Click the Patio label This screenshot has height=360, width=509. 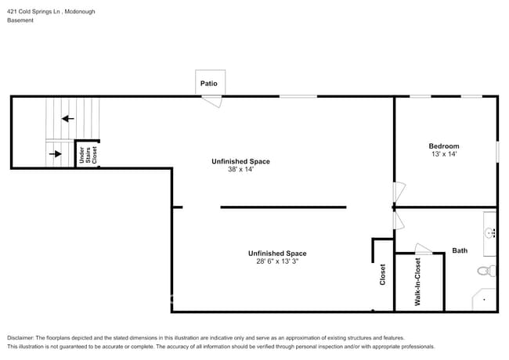coord(210,83)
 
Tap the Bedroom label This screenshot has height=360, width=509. coord(443,146)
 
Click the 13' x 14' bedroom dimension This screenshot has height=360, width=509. coord(443,155)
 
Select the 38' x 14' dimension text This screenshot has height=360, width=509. coord(240,170)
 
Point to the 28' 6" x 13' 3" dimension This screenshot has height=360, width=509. coord(277,261)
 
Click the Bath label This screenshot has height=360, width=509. coord(460,250)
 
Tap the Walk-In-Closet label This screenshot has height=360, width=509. coord(418,282)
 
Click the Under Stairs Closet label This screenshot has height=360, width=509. coord(87,155)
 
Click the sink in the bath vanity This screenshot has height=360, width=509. coord(489,232)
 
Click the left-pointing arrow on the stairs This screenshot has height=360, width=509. coord(68,119)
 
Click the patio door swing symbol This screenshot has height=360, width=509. coord(211,101)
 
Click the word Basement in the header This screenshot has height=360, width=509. coord(20,20)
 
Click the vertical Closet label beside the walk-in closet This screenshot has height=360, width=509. coord(383,275)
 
